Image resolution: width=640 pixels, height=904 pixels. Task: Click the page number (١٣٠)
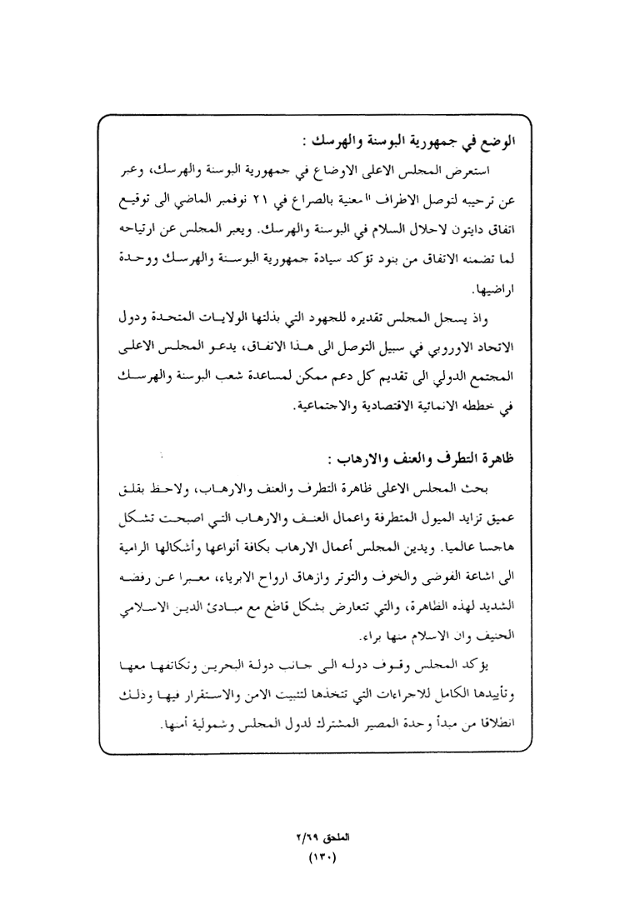coord(320,855)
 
